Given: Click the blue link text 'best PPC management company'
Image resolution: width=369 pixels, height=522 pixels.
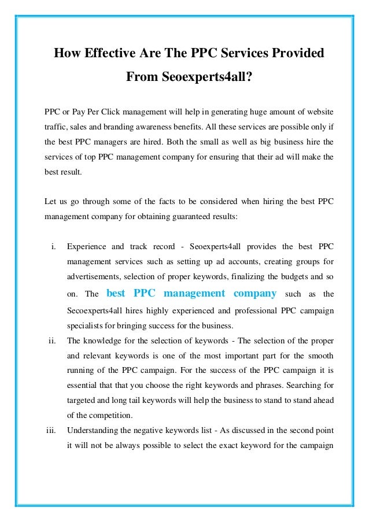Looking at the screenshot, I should tap(192, 293).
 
